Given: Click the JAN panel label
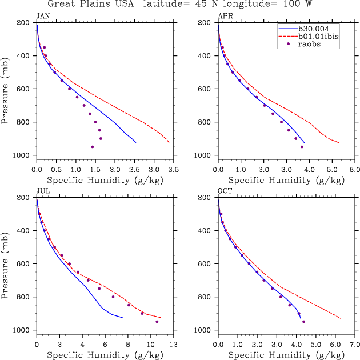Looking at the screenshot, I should point(42,15).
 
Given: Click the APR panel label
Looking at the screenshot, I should point(225,15).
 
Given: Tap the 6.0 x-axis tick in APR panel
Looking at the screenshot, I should point(355,170).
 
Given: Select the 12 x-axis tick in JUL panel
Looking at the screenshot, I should point(174,345).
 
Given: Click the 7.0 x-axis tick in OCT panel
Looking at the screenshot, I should point(355,345).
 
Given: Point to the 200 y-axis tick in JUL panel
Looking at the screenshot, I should point(26,198).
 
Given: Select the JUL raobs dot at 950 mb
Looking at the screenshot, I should point(157,322).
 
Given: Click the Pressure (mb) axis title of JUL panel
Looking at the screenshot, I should point(6,263).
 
